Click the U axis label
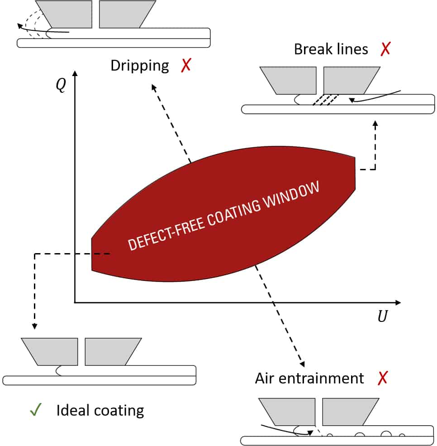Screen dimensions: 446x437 point(382,317)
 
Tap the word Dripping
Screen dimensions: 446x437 point(139,66)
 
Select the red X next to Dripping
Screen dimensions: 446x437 point(185,66)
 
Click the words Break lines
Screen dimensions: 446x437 point(331,49)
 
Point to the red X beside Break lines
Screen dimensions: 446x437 point(385,49)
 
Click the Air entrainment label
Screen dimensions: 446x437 point(309,378)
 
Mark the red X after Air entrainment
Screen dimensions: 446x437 point(383,378)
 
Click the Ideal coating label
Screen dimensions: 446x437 point(100,410)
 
